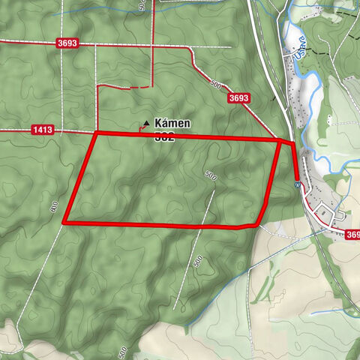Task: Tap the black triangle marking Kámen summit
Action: tap(146, 122)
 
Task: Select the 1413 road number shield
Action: tap(43, 130)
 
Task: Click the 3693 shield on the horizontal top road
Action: tap(67, 44)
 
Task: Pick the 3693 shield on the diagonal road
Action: tap(238, 97)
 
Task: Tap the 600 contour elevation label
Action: tap(54, 207)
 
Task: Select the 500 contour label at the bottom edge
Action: tap(122, 351)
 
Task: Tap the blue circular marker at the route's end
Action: tap(298, 183)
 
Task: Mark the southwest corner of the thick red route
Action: tap(64, 222)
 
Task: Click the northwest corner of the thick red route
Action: tap(96, 133)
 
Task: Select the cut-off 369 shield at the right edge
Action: tap(352, 235)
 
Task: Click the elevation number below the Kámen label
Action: tap(165, 136)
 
